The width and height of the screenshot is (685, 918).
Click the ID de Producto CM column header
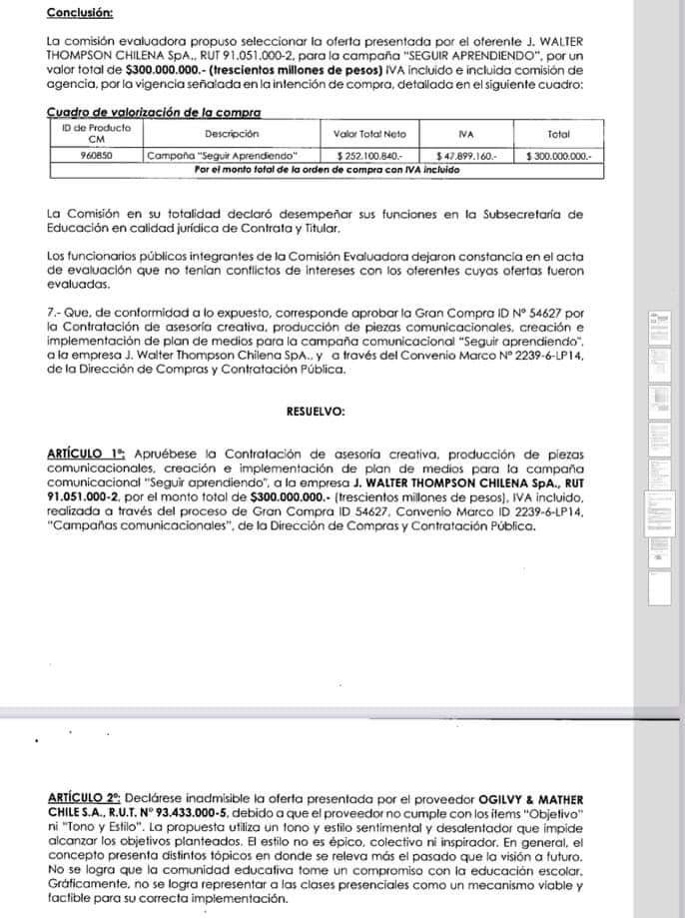pos(96,134)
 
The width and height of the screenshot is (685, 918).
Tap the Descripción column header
pos(232,134)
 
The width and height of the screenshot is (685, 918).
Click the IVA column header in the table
pos(465,134)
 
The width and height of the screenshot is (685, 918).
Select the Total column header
pos(558,134)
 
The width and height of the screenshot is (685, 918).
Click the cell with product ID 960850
pos(96,156)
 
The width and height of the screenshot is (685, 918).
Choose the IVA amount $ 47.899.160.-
pos(465,156)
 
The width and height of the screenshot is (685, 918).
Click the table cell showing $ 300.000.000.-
pos(558,156)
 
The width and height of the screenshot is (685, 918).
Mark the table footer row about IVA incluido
pos(327,170)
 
